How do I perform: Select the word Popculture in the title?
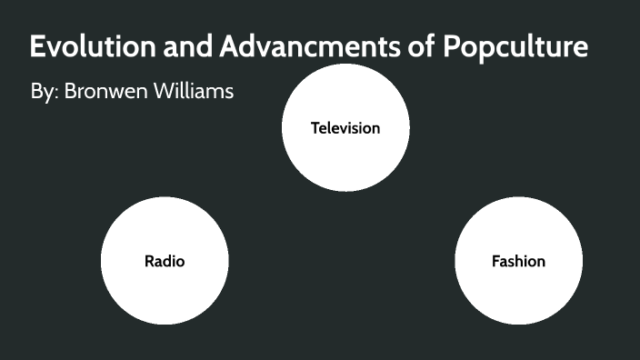[515, 47]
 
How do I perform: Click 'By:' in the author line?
[44, 93]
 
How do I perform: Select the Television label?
[345, 128]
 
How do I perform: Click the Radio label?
[165, 262]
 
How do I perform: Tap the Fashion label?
[518, 262]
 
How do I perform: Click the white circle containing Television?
[345, 100]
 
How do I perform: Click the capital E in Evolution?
[38, 46]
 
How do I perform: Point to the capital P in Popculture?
[452, 46]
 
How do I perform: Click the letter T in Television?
[315, 128]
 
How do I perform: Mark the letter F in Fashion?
[495, 262]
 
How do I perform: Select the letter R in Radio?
[149, 262]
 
